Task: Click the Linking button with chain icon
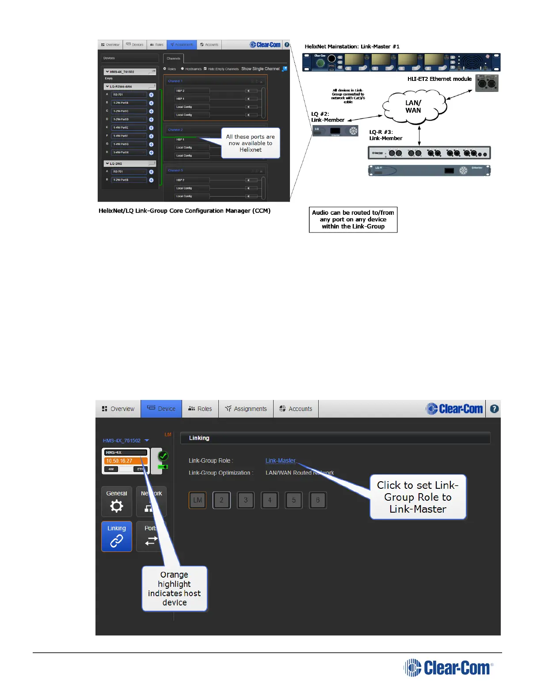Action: [x=117, y=536]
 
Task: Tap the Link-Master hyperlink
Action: [x=280, y=460]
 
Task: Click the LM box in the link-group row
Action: [x=198, y=500]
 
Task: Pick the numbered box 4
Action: [x=270, y=500]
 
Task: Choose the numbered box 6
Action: [x=318, y=500]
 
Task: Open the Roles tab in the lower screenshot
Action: [x=200, y=409]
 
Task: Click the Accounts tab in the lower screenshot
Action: [x=296, y=409]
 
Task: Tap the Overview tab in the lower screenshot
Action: [x=118, y=409]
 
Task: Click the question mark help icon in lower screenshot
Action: [x=494, y=409]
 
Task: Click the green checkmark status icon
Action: [x=163, y=456]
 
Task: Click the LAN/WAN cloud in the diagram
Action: [x=413, y=107]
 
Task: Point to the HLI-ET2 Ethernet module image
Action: [x=487, y=83]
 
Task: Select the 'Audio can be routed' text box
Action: [x=353, y=219]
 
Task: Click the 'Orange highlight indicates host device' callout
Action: [x=175, y=588]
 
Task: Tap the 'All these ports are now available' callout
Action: [x=250, y=143]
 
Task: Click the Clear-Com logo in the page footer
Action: [x=448, y=667]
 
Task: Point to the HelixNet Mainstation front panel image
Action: [x=401, y=62]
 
